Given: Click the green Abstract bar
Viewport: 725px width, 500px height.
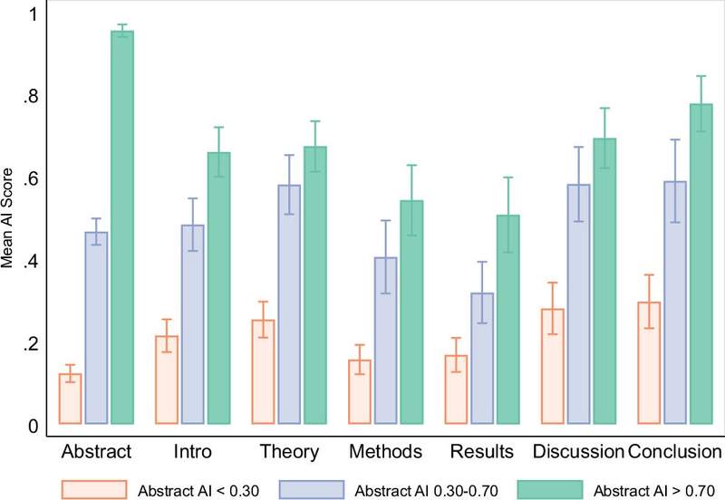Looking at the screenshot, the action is [x=122, y=226].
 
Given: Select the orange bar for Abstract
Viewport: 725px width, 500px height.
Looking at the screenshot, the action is [x=71, y=399].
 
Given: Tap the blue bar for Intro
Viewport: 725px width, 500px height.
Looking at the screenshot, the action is [x=193, y=324].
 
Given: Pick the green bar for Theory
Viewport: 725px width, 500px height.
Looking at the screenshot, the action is [x=315, y=284].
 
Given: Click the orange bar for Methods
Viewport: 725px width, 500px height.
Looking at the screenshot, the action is [x=360, y=391].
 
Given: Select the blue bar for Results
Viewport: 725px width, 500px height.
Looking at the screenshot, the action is [x=482, y=358].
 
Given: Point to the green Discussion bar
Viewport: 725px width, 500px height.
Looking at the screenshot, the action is [x=604, y=281].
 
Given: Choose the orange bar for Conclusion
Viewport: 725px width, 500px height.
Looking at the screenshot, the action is [x=649, y=362].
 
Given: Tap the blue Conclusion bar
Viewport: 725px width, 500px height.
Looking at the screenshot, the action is [x=675, y=303].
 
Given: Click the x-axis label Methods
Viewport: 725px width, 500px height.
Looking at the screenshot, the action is [x=386, y=451].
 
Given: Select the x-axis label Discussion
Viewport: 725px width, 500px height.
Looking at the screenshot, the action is [x=578, y=451].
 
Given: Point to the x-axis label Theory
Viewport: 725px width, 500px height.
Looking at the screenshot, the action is [x=289, y=452].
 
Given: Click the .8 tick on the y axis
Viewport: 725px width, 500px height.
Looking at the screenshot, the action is [x=32, y=97].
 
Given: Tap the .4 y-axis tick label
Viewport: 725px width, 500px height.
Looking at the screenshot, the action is [x=32, y=262].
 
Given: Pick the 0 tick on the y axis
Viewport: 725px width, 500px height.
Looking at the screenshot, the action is [x=34, y=426].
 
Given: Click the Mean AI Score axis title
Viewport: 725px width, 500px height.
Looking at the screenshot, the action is [x=7, y=218].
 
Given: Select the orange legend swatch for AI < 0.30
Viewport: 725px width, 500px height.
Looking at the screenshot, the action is [x=94, y=490].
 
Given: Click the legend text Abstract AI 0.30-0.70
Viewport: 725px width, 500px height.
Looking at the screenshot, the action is [x=426, y=490].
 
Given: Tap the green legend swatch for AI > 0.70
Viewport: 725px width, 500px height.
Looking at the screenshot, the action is [x=550, y=490].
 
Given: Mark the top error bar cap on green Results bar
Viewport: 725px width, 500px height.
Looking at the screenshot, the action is [x=508, y=177].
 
